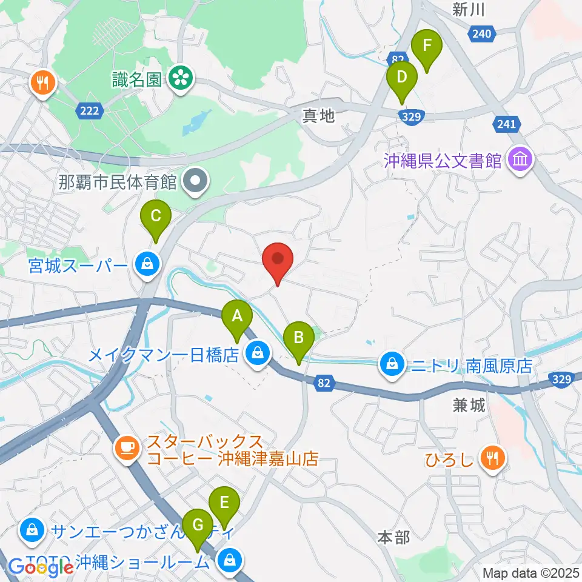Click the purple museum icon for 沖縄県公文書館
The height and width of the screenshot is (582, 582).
[x=521, y=161]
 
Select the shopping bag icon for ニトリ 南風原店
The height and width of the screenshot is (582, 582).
[x=392, y=364]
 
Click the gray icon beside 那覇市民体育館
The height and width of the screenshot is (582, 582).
[x=197, y=180]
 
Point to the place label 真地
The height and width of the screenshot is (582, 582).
[x=319, y=115]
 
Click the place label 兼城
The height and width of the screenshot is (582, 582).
[x=469, y=406]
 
